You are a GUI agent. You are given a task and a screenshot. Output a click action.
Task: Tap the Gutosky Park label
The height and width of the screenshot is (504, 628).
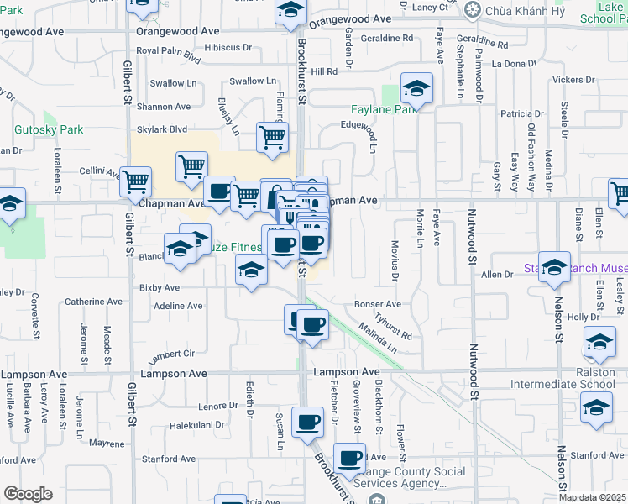click(49, 130)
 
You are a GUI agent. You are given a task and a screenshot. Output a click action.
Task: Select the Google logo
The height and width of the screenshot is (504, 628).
click(28, 494)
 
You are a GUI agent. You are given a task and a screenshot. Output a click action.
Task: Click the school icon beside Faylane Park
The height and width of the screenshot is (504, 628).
click(416, 88)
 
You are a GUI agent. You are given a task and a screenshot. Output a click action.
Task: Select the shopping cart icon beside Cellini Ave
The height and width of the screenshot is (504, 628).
click(135, 181)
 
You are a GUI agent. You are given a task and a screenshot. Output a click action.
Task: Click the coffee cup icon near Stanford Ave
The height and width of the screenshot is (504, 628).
click(349, 459)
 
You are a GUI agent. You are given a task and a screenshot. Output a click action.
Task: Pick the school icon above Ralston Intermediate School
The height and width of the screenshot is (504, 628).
click(599, 342)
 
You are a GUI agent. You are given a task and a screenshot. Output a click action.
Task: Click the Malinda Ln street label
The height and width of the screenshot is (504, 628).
click(377, 342)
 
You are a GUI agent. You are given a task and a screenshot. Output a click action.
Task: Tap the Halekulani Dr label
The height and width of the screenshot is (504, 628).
click(196, 425)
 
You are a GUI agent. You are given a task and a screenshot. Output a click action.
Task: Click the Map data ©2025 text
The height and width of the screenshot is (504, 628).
click(593, 497)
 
